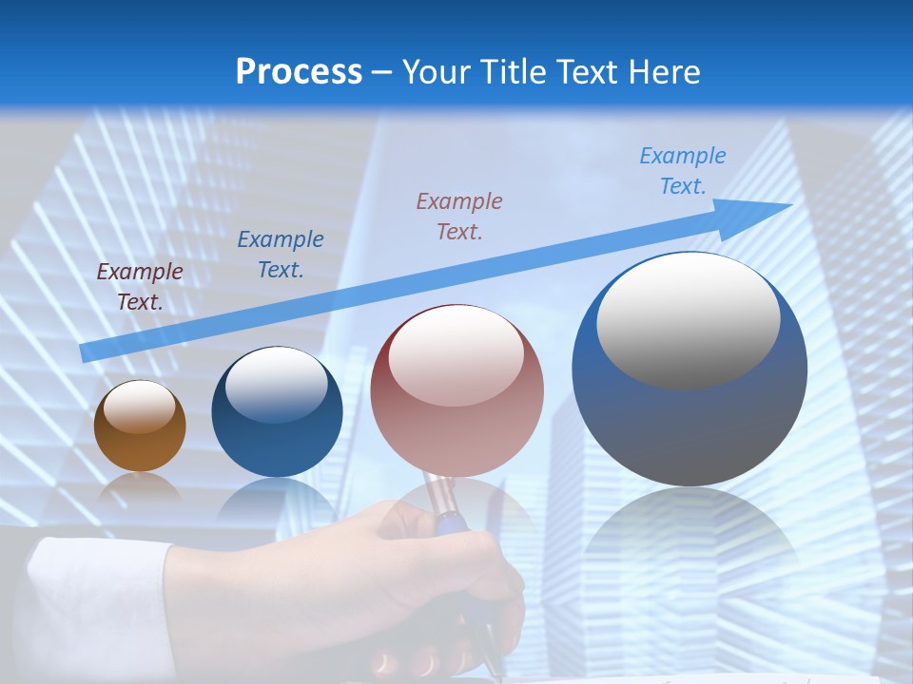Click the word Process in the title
click(299, 72)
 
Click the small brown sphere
click(140, 442)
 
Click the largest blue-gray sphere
click(690, 418)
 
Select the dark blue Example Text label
click(281, 255)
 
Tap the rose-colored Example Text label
click(459, 216)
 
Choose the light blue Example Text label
click(683, 171)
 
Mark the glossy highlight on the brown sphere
click(140, 407)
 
